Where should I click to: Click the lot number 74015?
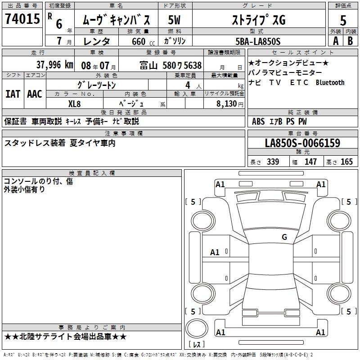[22, 18]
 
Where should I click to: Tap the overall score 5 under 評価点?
[343, 20]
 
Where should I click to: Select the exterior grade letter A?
[336, 41]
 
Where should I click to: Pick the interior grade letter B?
[350, 41]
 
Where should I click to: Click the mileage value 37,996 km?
[54, 65]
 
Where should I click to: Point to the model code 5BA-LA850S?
[258, 41]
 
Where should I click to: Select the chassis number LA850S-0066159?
[302, 143]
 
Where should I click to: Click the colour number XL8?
[74, 104]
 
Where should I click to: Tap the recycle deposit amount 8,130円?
[230, 104]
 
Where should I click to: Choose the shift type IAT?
[13, 94]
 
